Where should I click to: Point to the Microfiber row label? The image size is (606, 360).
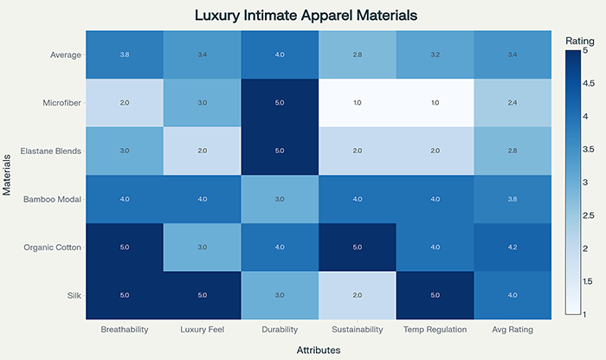click(x=63, y=102)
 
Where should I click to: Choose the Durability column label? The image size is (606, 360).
click(x=279, y=330)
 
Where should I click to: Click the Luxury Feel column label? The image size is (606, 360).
click(x=202, y=330)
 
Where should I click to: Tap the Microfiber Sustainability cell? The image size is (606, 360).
click(x=357, y=103)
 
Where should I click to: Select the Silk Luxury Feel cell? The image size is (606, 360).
click(x=202, y=295)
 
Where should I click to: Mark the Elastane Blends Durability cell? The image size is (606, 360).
click(x=279, y=151)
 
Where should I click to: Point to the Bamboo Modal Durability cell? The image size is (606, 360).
click(x=279, y=199)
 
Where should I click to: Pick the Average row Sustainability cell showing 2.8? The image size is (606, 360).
click(x=357, y=55)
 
